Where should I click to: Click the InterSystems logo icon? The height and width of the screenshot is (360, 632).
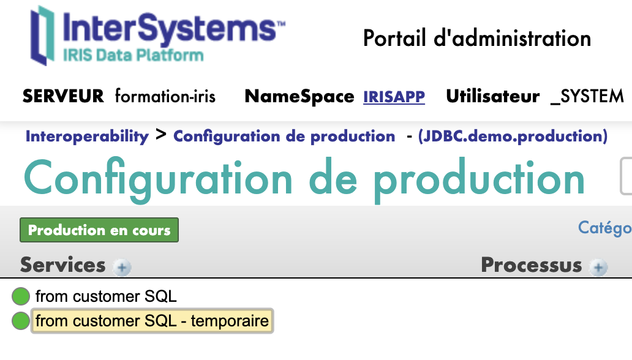42,36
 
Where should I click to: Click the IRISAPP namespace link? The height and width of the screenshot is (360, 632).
394,97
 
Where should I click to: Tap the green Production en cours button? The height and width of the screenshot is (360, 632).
99,230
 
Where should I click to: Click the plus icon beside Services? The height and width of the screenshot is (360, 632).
122,267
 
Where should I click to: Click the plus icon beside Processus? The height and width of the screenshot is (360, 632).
598,267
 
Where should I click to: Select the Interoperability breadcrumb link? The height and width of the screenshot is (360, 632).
87,137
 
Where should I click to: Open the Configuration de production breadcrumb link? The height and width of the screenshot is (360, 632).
284,137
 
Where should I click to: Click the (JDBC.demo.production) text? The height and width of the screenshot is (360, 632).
513,137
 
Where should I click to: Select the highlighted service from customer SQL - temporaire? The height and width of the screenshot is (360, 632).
152,321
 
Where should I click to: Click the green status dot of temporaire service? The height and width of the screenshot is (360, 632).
21,321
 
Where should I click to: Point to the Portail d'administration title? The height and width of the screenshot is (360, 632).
477,39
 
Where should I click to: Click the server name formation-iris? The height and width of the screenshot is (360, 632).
165,96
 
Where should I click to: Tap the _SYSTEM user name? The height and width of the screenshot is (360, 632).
587,97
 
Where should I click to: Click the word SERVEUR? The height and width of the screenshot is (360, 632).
63,96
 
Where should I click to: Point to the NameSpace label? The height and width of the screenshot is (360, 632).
299,97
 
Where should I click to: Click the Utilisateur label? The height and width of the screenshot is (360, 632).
493,96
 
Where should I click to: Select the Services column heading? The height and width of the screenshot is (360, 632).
63,265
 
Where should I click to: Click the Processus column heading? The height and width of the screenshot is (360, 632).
532,265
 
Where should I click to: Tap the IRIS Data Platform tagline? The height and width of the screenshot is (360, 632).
133,55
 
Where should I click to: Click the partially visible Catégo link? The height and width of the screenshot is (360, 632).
605,228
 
